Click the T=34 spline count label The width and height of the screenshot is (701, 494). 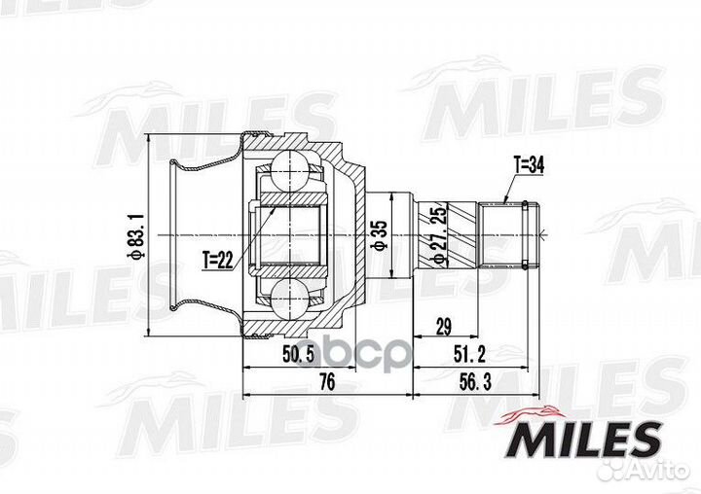click(x=527, y=166)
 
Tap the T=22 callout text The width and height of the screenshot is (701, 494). click(x=220, y=259)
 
